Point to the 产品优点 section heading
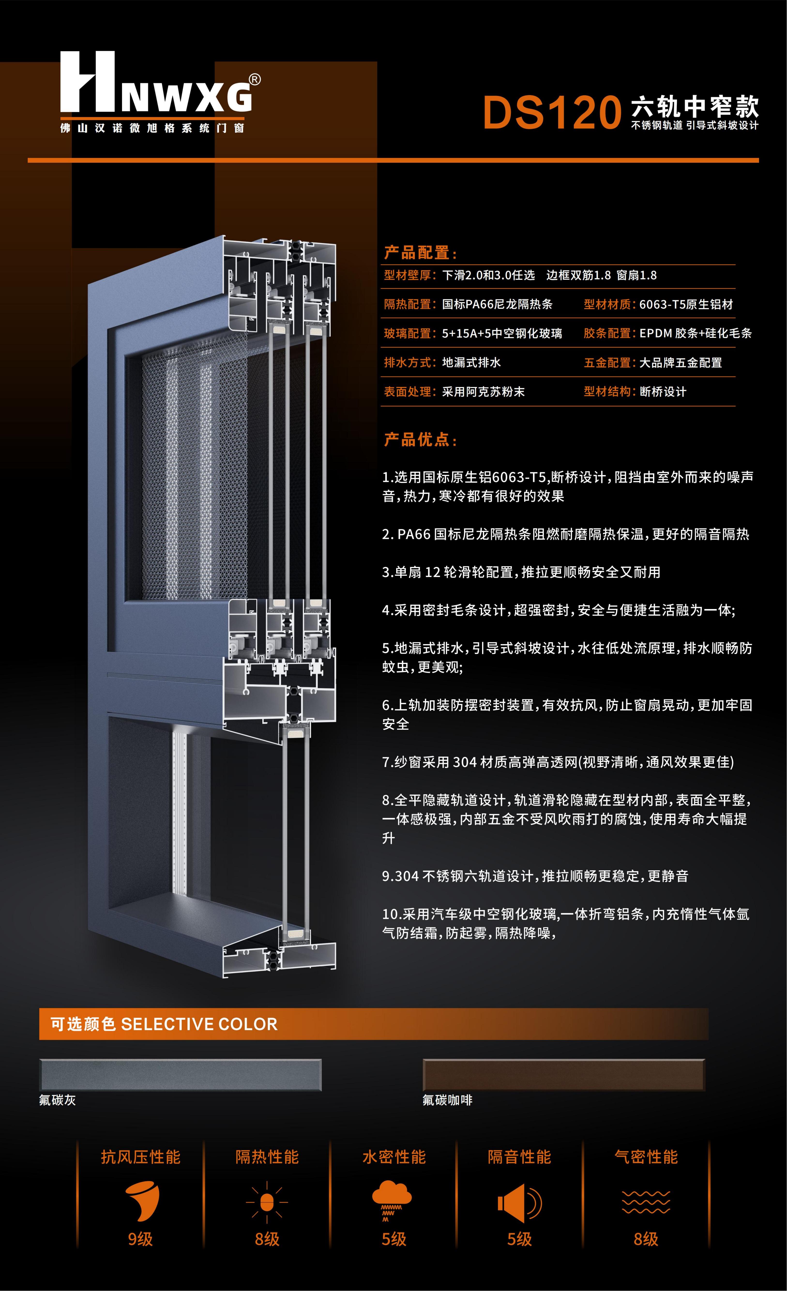click(420, 440)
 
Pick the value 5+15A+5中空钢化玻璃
click(502, 333)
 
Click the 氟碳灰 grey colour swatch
click(181, 1075)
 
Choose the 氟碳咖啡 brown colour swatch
click(563, 1075)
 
